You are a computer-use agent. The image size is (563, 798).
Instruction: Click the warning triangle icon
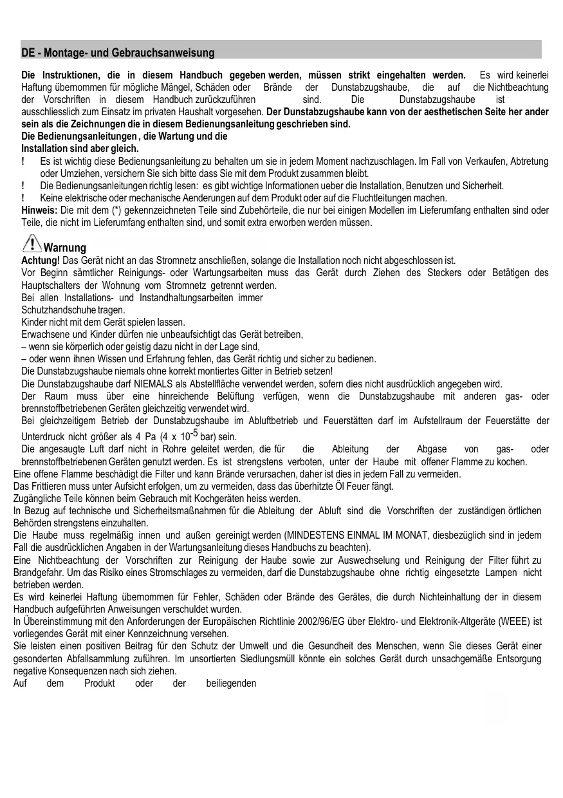(31, 243)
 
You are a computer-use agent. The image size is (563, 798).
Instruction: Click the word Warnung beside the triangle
(65, 248)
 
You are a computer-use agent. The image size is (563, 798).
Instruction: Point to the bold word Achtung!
(41, 260)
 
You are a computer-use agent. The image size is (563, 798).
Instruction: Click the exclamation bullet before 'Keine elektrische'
(23, 198)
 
